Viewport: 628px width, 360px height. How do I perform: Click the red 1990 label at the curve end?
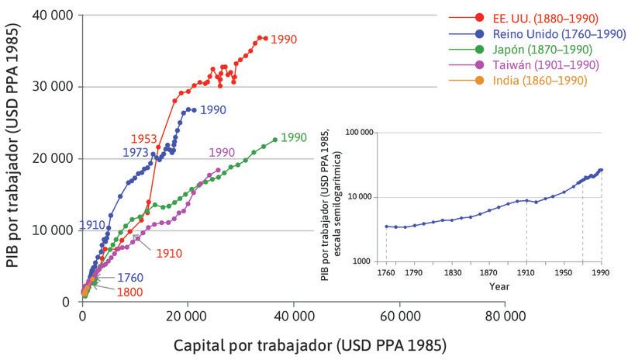[284, 38]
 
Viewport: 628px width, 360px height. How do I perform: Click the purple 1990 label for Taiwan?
[222, 152]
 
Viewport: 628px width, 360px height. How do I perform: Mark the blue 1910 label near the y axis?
[92, 225]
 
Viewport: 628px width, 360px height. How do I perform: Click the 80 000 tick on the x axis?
[506, 317]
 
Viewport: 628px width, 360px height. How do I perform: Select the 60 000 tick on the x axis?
[400, 317]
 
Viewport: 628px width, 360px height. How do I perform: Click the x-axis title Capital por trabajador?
[294, 342]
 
